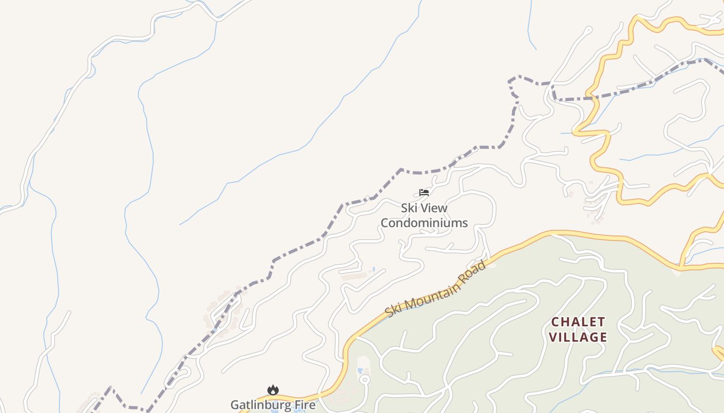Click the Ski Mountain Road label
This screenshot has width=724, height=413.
[x=435, y=290]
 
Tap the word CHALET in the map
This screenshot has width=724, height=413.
[x=578, y=322]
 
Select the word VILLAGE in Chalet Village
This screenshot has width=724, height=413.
[x=578, y=338]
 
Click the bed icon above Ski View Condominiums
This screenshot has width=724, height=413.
[x=424, y=193]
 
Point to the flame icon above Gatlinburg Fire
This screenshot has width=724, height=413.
[x=273, y=390]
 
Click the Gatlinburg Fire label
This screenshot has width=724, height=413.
[x=273, y=404]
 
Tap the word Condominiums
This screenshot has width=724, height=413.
[x=424, y=223]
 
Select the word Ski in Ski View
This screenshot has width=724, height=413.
[x=409, y=208]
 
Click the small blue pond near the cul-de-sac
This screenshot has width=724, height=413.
[x=359, y=371]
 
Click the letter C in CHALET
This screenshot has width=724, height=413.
[x=555, y=322]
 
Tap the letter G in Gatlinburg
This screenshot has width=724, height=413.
[x=235, y=404]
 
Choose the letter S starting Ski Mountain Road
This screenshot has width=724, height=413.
[x=389, y=313]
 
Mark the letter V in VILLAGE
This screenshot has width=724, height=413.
[x=553, y=338]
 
